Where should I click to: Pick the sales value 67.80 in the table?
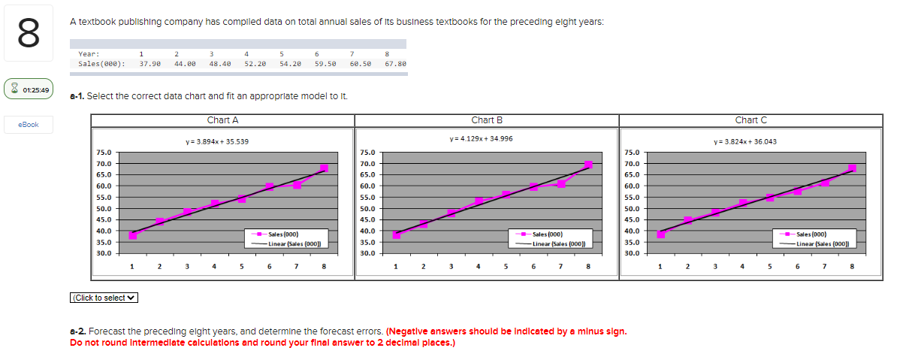pos(394,65)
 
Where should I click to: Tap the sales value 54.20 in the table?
pos(291,65)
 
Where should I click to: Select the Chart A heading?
pos(222,120)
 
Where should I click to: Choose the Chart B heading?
pos(487,120)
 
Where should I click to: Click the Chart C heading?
pos(751,120)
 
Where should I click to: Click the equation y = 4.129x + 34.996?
pos(481,138)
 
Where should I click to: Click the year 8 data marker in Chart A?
pos(324,168)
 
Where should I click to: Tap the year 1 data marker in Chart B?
pos(396,235)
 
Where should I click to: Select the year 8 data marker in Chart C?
pos(852,168)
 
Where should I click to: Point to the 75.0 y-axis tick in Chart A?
pos(104,153)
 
